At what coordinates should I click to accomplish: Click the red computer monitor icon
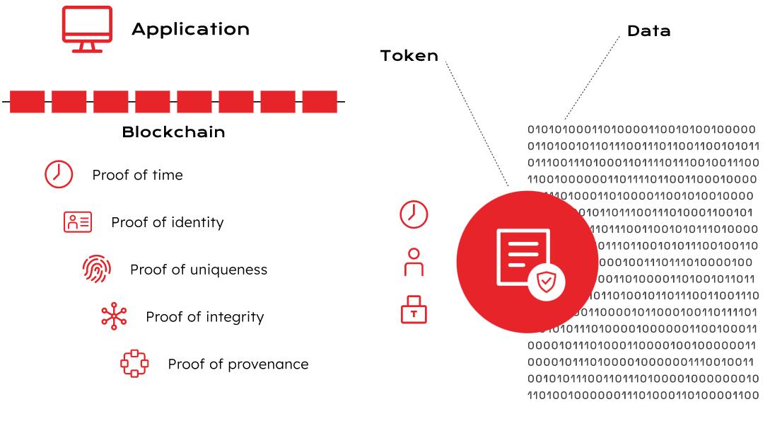[87, 28]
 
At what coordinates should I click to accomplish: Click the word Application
[190, 29]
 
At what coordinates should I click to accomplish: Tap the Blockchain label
[173, 132]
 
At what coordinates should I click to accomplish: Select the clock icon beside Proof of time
[59, 175]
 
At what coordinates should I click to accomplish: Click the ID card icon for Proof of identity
[78, 222]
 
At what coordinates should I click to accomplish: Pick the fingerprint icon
[96, 270]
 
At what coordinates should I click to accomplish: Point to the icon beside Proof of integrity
[114, 316]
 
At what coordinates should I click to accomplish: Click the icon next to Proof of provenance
[134, 364]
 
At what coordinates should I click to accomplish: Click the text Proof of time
[137, 175]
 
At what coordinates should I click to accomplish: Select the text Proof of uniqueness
[198, 270]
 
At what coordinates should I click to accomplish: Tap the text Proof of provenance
[238, 364]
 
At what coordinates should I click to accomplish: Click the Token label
[409, 56]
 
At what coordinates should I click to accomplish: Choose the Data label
[648, 31]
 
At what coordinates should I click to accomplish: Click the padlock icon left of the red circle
[414, 310]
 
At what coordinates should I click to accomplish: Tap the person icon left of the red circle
[414, 262]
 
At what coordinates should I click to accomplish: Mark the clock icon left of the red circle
[414, 214]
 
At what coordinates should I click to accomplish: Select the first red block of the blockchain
[28, 102]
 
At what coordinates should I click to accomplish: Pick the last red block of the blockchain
[320, 102]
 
